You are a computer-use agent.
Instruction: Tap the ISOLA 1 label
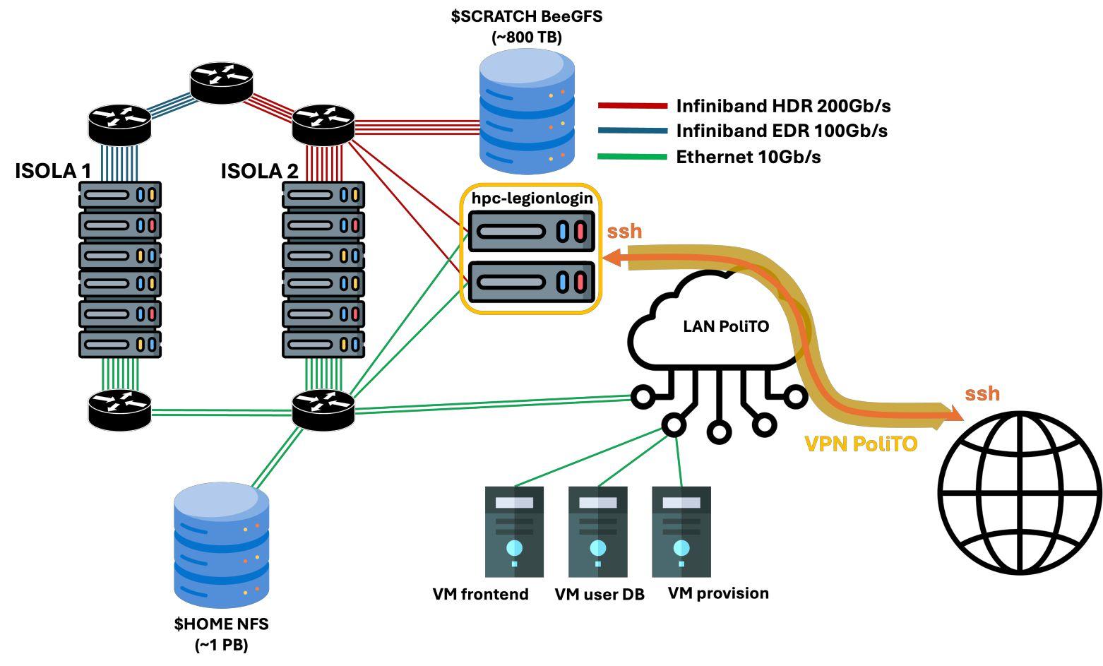[x=53, y=171]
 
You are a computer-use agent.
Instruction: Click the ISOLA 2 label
[x=259, y=171]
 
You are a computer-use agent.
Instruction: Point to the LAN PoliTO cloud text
[x=725, y=326]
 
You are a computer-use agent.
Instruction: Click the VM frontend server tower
[x=514, y=532]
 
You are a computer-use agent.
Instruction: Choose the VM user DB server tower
[x=597, y=532]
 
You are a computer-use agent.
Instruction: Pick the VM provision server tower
[x=681, y=532]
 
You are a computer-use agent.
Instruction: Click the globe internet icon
[x=1020, y=492]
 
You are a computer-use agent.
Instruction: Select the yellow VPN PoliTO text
[x=861, y=444]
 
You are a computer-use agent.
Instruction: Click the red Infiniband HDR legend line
[x=632, y=106]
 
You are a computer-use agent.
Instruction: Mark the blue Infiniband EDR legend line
[x=632, y=131]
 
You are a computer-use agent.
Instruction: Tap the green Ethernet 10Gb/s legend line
[x=632, y=156]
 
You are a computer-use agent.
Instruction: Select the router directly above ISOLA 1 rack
[x=119, y=123]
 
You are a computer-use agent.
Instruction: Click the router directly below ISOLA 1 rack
[x=119, y=410]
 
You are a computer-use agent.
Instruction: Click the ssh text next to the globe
[x=982, y=393]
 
